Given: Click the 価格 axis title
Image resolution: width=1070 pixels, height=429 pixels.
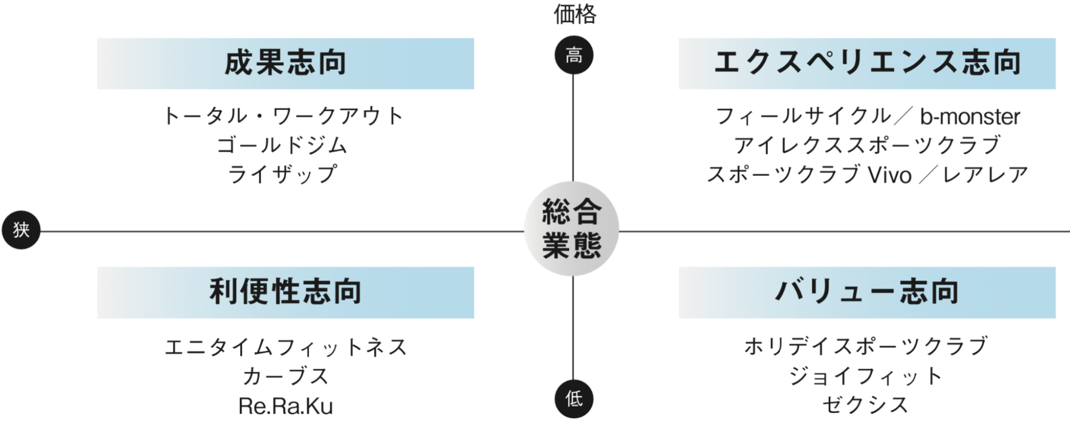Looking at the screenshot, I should point(574,14).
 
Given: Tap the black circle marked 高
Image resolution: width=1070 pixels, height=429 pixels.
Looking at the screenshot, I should point(574,55).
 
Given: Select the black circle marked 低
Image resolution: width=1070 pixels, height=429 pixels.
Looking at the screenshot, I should point(574,398).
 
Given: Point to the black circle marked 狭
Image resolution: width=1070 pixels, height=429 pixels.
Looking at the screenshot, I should point(21,230).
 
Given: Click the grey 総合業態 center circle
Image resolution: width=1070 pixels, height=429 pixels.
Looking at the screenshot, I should point(572,229).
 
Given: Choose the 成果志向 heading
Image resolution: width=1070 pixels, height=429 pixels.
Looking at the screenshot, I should point(285,63).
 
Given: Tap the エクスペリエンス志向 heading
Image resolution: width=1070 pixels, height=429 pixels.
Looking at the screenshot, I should point(867,63).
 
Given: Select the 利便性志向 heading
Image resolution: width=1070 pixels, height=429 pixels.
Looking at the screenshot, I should point(285,292).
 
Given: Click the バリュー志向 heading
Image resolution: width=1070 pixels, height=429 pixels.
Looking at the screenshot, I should point(867,292).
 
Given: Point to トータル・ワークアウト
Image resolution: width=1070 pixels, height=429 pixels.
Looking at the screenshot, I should point(284,116).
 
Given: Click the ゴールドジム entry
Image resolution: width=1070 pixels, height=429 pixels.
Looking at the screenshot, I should point(282,145).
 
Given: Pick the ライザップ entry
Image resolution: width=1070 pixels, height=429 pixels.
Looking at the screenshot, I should point(282,174).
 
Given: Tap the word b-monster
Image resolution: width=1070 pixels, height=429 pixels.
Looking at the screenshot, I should point(970,117).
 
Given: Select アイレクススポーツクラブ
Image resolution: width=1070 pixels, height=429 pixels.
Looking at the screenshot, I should point(867,145).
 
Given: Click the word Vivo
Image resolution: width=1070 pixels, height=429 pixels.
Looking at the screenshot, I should point(890,175).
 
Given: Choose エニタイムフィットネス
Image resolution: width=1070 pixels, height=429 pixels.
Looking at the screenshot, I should point(286,347).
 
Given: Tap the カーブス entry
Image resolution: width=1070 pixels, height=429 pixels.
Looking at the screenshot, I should point(285,377).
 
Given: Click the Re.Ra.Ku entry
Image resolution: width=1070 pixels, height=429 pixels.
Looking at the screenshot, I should point(285,406).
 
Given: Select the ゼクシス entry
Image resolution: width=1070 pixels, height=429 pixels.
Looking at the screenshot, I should point(866,405).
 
